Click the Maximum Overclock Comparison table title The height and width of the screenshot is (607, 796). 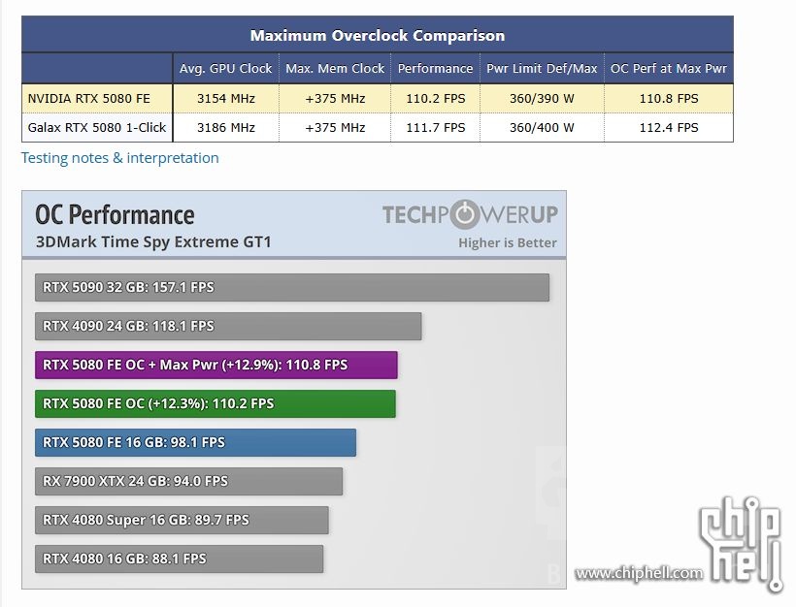pyautogui.click(x=377, y=36)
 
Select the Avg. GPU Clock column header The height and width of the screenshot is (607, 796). pyautogui.click(x=225, y=69)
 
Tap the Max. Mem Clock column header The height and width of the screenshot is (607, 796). pyautogui.click(x=335, y=69)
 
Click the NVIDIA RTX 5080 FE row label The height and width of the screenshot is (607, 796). pyautogui.click(x=89, y=98)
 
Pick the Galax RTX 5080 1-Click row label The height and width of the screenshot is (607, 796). pyautogui.click(x=97, y=127)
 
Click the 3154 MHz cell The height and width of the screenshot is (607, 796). pyautogui.click(x=225, y=98)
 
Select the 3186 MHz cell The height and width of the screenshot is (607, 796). pyautogui.click(x=225, y=127)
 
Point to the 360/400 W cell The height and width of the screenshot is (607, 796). pyautogui.click(x=541, y=127)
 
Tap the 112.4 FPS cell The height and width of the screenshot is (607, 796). pyautogui.click(x=668, y=127)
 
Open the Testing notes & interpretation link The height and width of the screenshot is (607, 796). pyautogui.click(x=120, y=158)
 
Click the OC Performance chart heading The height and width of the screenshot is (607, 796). pyautogui.click(x=115, y=214)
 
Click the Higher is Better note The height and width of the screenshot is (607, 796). pyautogui.click(x=508, y=242)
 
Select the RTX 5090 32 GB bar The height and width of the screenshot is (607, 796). pyautogui.click(x=291, y=288)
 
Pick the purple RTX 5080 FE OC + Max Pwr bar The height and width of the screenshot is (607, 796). pyautogui.click(x=216, y=366)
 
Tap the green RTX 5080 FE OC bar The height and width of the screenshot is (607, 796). pyautogui.click(x=215, y=404)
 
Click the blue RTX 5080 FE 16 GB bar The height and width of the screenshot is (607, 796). pyautogui.click(x=195, y=443)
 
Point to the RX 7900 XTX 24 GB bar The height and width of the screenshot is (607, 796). pyautogui.click(x=188, y=482)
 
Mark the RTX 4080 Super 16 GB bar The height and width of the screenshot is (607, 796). pyautogui.click(x=182, y=521)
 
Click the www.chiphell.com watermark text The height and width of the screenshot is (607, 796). pyautogui.click(x=638, y=573)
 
